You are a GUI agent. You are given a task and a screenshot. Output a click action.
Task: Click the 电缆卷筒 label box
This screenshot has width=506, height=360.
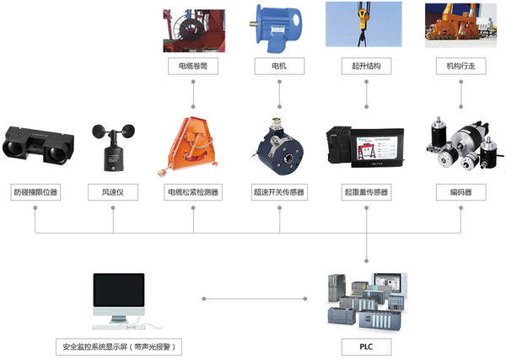coord(193,65)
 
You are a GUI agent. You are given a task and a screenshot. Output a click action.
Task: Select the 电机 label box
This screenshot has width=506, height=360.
coord(279,65)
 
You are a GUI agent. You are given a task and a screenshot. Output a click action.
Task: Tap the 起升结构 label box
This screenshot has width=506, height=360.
coord(367,65)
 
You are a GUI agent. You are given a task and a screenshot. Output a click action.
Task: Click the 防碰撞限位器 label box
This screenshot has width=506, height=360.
coord(35,193)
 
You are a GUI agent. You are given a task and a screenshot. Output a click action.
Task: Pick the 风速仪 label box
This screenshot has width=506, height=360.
coord(112,193)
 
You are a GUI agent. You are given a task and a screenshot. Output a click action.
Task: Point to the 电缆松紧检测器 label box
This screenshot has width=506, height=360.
coord(193,193)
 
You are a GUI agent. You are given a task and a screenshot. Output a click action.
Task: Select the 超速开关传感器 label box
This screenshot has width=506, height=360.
coord(279,193)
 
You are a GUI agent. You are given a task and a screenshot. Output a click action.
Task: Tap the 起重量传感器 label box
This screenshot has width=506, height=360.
coord(367,193)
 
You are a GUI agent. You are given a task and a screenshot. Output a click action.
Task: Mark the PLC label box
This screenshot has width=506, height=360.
coord(367,347)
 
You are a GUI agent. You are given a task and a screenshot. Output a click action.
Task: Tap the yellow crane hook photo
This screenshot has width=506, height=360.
coord(367,25)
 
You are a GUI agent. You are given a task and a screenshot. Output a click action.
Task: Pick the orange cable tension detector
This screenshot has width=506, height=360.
coord(191,145)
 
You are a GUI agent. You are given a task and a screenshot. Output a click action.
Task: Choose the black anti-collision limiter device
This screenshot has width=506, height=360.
coord(36,144)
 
